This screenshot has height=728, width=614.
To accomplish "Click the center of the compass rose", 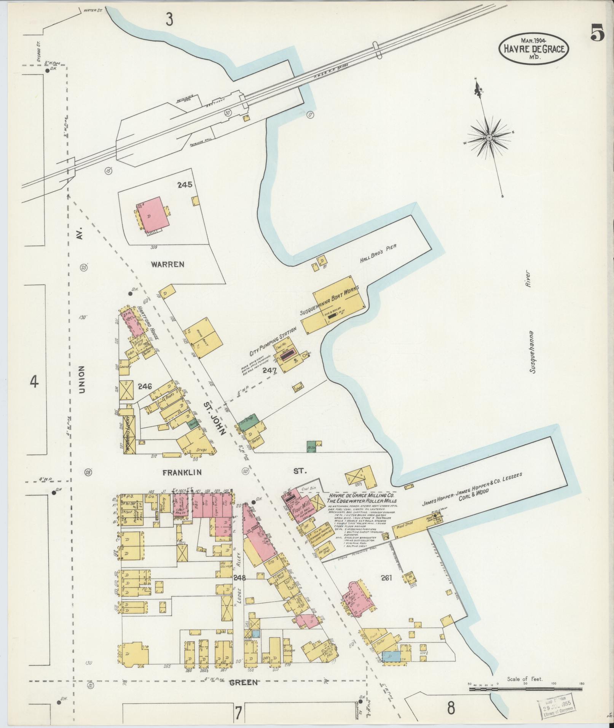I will pos(489,137).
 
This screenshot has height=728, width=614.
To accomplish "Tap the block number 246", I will pos(145,387).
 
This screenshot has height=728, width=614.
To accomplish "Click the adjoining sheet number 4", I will pos(34,382).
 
